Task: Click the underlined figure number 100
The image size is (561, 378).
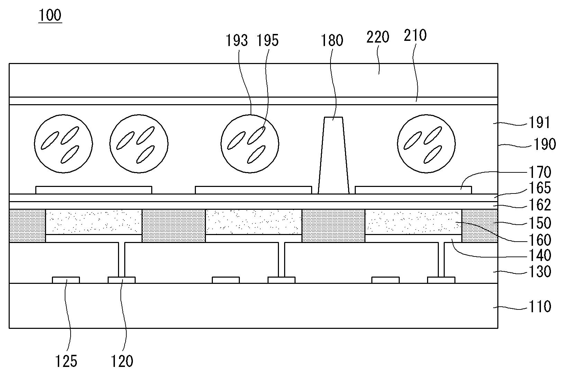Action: (x=50, y=15)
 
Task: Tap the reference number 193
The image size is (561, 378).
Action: (x=237, y=40)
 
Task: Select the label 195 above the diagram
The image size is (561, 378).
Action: (x=268, y=40)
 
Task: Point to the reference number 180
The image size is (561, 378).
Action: (x=332, y=40)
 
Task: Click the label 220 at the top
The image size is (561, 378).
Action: (x=378, y=37)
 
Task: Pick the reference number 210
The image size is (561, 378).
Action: (x=415, y=35)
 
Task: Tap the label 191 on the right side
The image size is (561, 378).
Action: (x=540, y=123)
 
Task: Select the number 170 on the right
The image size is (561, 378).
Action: (x=540, y=172)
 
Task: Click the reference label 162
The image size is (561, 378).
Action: (x=540, y=205)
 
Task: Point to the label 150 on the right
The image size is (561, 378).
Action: (x=540, y=223)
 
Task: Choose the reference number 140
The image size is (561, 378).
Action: (x=540, y=255)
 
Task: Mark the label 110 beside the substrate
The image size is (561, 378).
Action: (x=540, y=307)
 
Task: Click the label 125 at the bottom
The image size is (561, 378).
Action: (x=66, y=361)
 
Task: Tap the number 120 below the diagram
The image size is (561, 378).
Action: (x=122, y=361)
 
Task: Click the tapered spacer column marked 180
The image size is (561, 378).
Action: (x=334, y=155)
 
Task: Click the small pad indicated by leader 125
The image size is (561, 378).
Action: (x=66, y=280)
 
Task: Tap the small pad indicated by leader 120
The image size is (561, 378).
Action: (x=122, y=280)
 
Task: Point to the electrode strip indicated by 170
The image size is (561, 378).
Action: (x=413, y=190)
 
